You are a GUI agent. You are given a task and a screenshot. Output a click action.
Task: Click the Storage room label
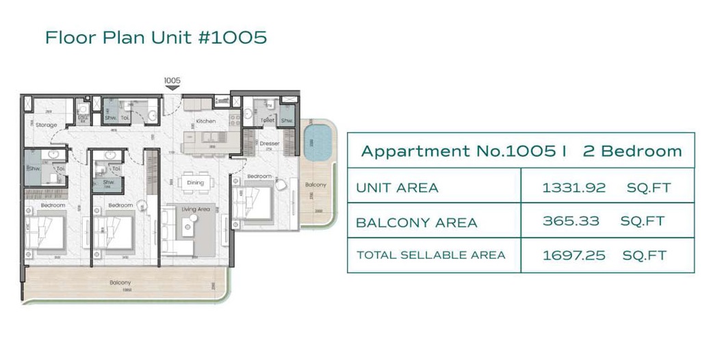[x=47, y=125]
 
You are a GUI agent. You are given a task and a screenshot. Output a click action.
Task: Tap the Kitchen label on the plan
[x=206, y=121]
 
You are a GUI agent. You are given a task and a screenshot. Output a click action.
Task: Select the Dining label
[x=195, y=183]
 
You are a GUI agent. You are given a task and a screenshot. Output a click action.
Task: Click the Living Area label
[x=196, y=209]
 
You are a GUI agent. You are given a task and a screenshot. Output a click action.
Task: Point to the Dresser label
[x=269, y=144]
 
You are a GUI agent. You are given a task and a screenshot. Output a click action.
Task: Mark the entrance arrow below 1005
[x=172, y=88]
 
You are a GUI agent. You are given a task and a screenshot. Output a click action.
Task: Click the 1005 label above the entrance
[x=172, y=80]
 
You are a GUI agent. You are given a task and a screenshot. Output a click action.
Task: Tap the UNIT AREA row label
[x=397, y=188]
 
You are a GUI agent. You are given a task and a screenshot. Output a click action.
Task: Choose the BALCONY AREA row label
[x=406, y=222]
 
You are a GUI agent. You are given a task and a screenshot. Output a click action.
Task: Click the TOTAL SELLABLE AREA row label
[x=430, y=255]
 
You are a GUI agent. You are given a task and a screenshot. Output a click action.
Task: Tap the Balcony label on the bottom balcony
[x=120, y=282]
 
